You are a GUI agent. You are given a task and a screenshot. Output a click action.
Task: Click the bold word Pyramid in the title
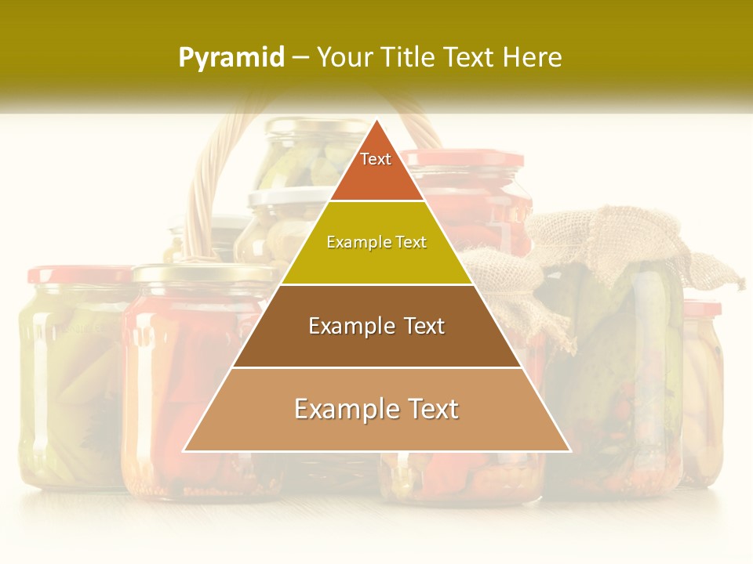tap(231, 58)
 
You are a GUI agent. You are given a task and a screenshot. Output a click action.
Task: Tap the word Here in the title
tap(533, 57)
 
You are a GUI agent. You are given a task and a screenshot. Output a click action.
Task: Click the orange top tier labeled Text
tap(376, 168)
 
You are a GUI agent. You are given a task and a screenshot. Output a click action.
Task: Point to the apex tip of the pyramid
tap(376, 121)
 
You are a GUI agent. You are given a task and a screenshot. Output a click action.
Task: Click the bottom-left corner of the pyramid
tap(185, 450)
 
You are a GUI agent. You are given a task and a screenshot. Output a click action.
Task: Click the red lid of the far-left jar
tap(78, 274)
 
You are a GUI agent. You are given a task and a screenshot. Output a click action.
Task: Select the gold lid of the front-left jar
tap(204, 273)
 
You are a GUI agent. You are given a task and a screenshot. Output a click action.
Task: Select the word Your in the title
tap(344, 57)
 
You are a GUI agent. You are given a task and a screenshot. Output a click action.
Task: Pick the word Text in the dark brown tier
tap(424, 327)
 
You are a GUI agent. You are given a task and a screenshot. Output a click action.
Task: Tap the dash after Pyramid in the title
tap(300, 58)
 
